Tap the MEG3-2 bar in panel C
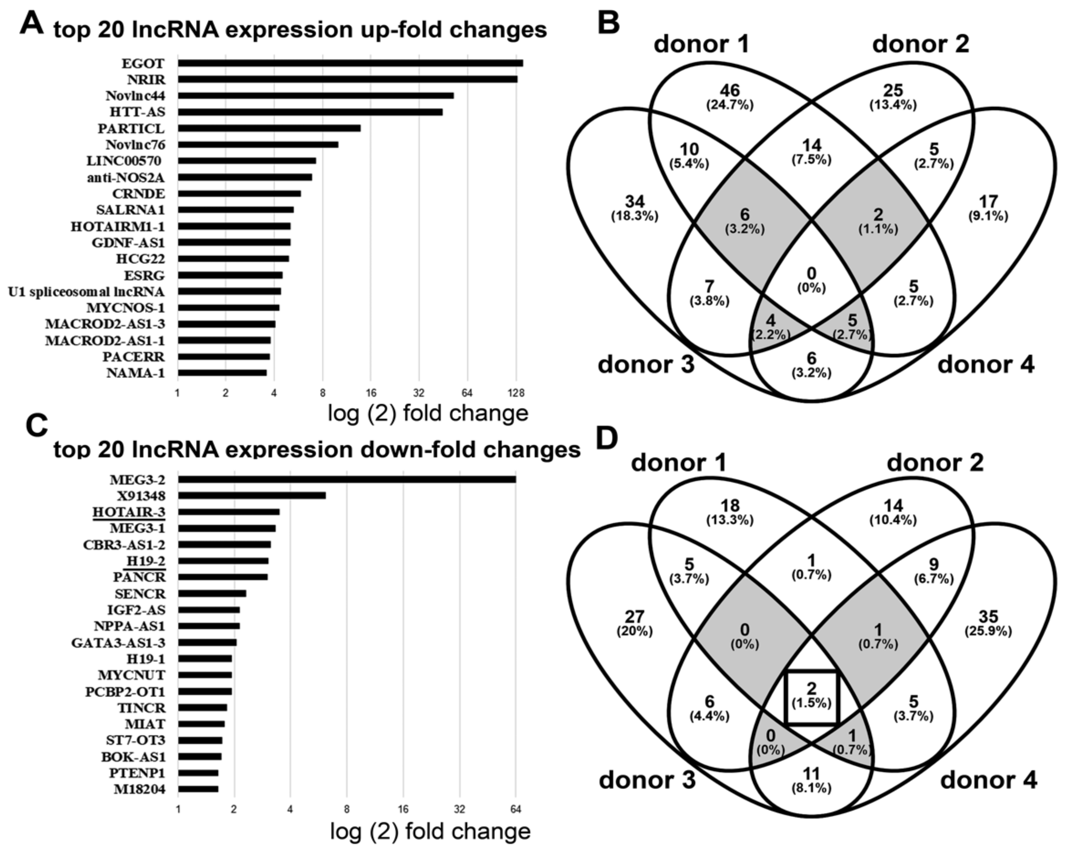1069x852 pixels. (x=347, y=479)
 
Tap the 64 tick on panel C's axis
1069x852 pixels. (x=516, y=809)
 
